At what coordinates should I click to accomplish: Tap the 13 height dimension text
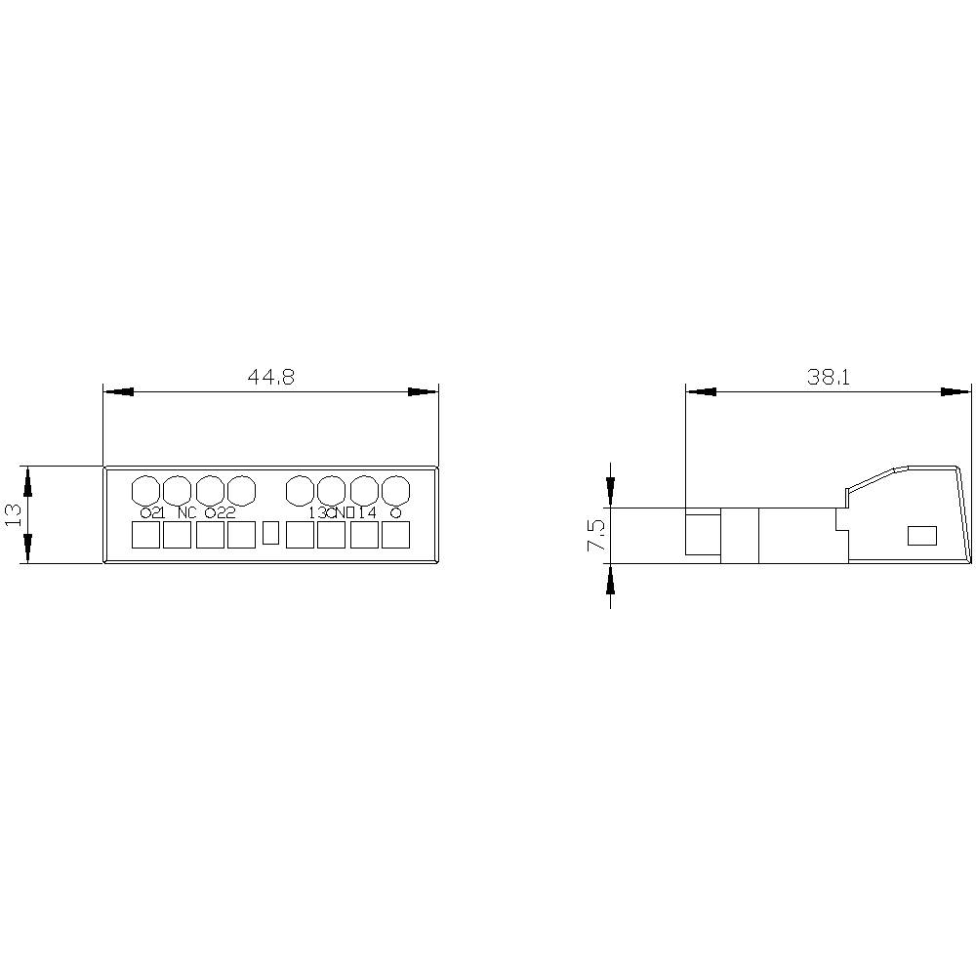tap(14, 514)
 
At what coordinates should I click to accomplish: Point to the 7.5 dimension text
tap(595, 536)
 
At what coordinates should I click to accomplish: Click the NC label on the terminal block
tap(187, 512)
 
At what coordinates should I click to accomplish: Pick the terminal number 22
tap(225, 512)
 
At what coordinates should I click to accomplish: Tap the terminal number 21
tap(157, 512)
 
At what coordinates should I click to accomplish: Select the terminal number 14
tap(367, 512)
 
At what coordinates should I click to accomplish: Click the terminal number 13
tap(318, 512)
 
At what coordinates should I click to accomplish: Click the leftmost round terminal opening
tap(145, 488)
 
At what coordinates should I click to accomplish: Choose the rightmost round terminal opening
tap(394, 488)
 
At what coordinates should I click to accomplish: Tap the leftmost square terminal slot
tap(145, 535)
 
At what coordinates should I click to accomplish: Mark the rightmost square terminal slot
tap(395, 535)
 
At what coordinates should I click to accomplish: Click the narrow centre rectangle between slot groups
tap(272, 533)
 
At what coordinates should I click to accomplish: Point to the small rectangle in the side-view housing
tap(921, 535)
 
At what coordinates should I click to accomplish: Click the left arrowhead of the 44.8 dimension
tap(117, 391)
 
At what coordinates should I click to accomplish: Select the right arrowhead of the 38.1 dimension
tap(957, 391)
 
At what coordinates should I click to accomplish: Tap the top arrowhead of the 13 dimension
tap(28, 479)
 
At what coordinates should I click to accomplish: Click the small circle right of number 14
tap(394, 512)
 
